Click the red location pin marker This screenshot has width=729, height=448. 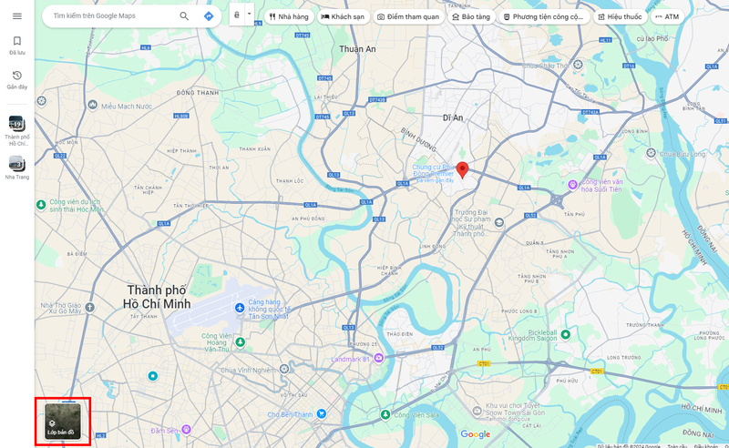tap(462, 169)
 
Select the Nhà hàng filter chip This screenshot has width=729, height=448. tap(288, 16)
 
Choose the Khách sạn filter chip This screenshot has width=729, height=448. tap(343, 16)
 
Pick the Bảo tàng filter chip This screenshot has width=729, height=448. tap(471, 16)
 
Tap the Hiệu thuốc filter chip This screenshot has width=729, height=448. tap(620, 16)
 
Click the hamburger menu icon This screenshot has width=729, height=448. tap(17, 16)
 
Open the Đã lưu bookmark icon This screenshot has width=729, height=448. tap(16, 42)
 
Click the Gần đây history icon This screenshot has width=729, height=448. tap(16, 76)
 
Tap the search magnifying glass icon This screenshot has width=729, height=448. tap(184, 16)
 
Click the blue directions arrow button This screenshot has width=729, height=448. tap(209, 16)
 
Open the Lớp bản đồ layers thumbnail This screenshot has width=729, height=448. tap(63, 422)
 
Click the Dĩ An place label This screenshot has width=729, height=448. tap(453, 117)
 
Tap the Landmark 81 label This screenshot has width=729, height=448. tap(347, 358)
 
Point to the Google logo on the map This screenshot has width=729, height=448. tap(475, 434)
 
